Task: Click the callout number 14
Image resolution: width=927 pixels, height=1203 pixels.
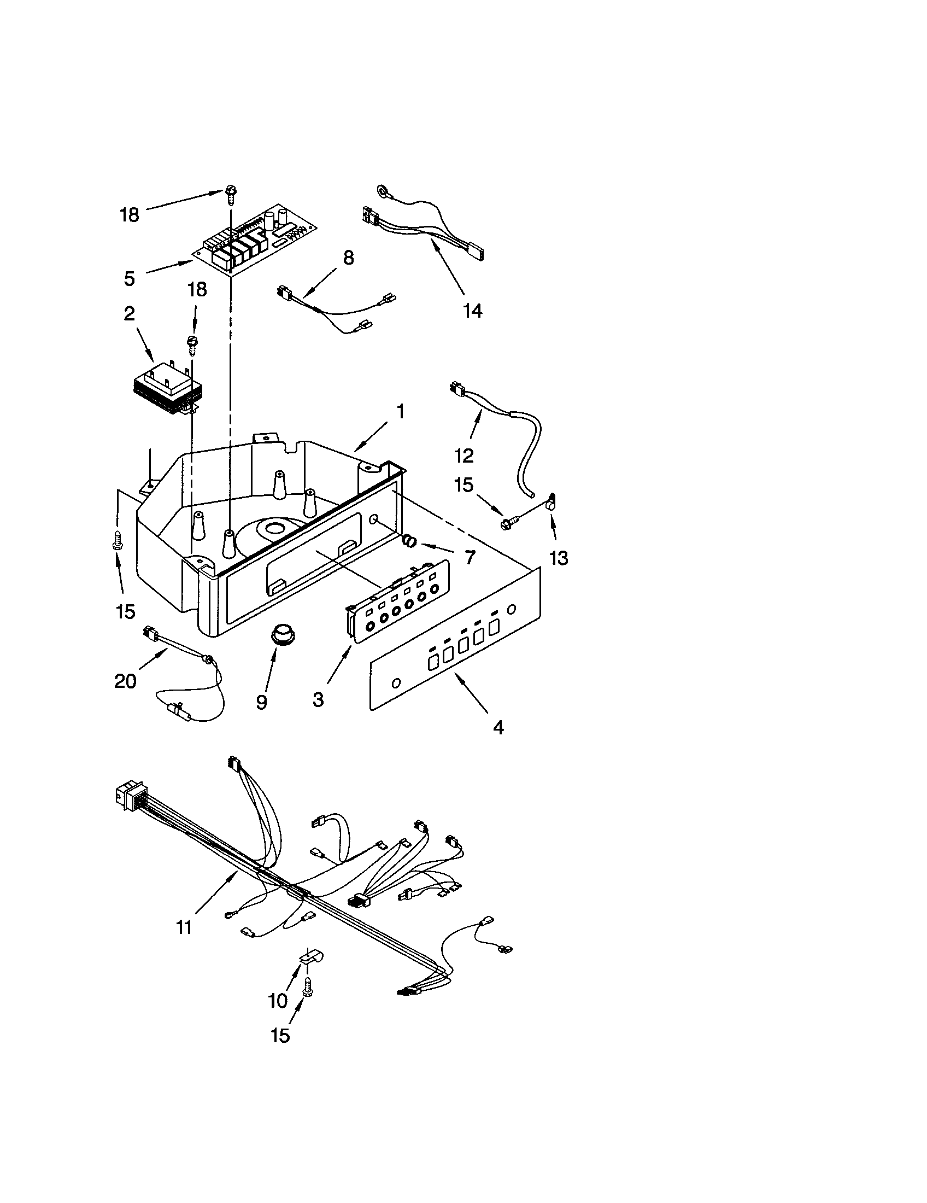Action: pyautogui.click(x=472, y=311)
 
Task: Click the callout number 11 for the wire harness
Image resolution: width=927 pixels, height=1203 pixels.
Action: pyautogui.click(x=183, y=927)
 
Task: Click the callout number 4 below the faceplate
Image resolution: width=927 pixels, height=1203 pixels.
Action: pyautogui.click(x=497, y=728)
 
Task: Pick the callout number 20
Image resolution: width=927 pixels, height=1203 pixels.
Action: pyautogui.click(x=125, y=681)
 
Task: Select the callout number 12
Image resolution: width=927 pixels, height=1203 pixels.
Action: pyautogui.click(x=464, y=455)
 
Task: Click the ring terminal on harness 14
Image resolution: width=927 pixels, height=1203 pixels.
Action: pyautogui.click(x=381, y=191)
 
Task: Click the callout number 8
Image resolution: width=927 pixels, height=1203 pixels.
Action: pyautogui.click(x=349, y=257)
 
